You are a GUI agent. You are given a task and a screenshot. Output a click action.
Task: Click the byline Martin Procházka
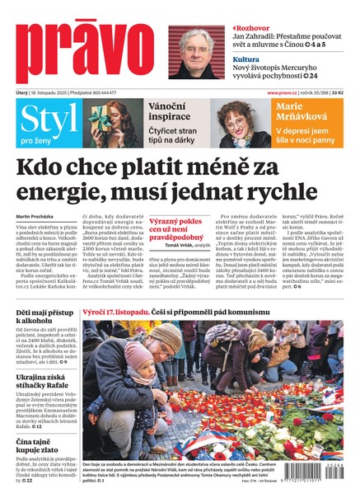pyautogui.click(x=36, y=217)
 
